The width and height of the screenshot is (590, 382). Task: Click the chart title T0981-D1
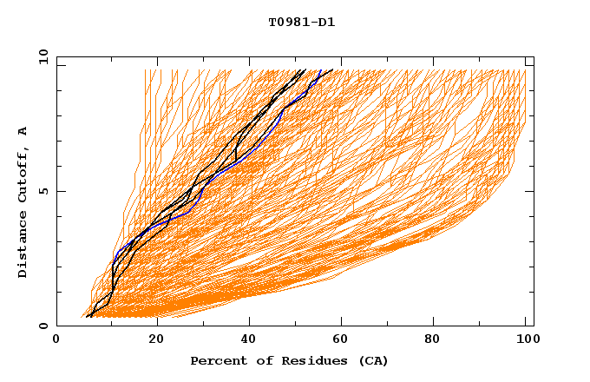tap(302, 23)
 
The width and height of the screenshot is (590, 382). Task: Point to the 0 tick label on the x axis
tap(57, 340)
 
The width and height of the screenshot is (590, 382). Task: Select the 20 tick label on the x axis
tap(157, 340)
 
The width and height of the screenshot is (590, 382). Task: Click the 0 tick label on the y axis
tap(44, 326)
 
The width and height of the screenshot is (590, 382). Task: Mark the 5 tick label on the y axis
tap(44, 191)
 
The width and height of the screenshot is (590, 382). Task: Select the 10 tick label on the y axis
tap(42, 57)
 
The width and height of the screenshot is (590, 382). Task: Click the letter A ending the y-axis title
tap(23, 130)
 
